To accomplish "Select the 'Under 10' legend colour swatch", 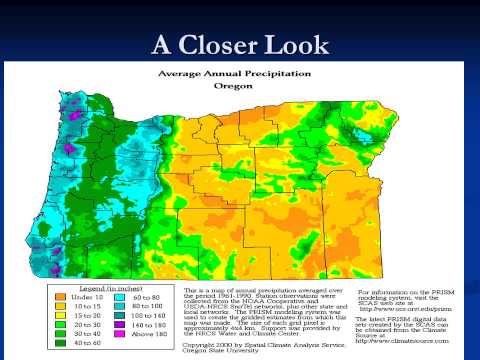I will click(58, 296).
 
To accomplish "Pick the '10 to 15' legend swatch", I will click(58, 306).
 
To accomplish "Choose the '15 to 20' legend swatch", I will click(58, 316).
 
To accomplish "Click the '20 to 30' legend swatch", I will click(58, 326).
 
